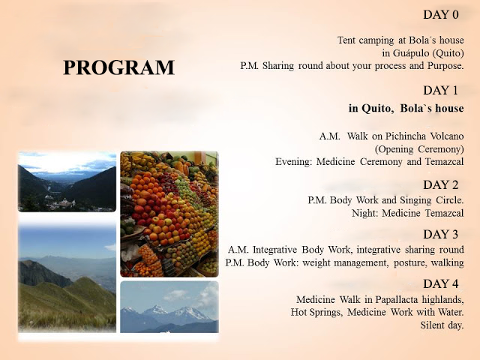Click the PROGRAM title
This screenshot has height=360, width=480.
point(118,67)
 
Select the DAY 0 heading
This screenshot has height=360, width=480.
point(441,14)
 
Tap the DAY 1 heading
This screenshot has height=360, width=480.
point(440,90)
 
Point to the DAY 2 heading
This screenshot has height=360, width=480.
point(441,185)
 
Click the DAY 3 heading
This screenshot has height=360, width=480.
point(441,234)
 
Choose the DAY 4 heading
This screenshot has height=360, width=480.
point(441,283)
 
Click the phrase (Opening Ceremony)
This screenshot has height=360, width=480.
point(419,149)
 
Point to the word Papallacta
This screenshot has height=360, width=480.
point(397,299)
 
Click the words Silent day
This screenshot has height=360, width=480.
point(442,325)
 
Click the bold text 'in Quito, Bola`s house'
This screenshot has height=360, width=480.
point(406,108)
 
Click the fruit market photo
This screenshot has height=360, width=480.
point(169,214)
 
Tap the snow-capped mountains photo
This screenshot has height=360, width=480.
point(169,307)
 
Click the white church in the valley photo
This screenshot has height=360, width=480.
point(67,181)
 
